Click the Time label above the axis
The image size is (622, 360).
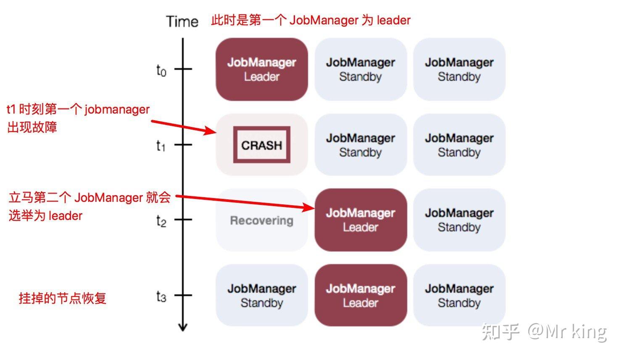pos(182,21)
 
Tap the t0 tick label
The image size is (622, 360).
pos(161,70)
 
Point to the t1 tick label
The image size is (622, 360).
pos(161,146)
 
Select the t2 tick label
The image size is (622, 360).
pos(161,221)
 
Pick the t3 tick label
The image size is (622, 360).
pos(161,296)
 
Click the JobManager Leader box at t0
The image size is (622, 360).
pos(261,69)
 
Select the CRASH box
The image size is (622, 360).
pos(261,145)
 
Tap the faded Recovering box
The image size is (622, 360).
pos(261,220)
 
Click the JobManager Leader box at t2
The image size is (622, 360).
pos(360,220)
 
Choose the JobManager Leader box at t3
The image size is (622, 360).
pos(360,295)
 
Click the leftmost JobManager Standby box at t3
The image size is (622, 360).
pos(261,295)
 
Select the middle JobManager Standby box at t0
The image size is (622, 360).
pos(360,69)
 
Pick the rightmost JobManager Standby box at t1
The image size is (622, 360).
pos(459,145)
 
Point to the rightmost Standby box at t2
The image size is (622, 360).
pos(459,220)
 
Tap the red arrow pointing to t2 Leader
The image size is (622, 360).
pos(244,201)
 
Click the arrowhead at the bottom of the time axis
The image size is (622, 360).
pos(182,327)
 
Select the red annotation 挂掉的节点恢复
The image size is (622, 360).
pos(63,298)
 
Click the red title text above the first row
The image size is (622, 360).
pos(311,20)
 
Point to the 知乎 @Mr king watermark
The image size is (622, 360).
pos(544,331)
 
